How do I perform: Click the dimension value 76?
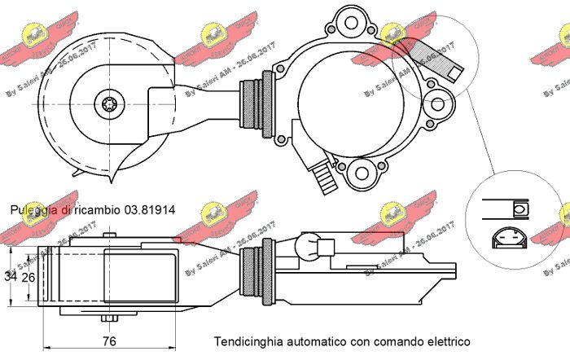tap(108, 340)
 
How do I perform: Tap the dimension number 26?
tap(28, 277)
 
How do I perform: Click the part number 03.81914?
tap(150, 210)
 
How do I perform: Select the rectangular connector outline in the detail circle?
tap(505, 208)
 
